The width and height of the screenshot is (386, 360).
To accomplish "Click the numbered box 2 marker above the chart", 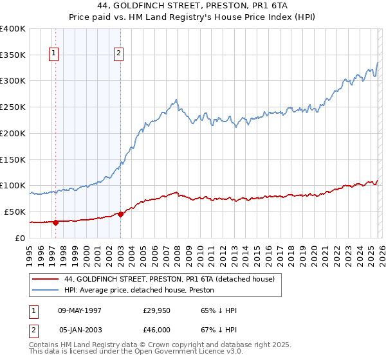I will click(119, 54).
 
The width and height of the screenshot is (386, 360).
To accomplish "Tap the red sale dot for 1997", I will click(55, 222).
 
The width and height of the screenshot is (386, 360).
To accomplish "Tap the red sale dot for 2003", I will click(121, 214).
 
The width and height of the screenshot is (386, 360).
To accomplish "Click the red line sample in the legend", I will click(46, 279).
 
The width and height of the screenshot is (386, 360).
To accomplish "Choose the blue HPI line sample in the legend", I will click(46, 290).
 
